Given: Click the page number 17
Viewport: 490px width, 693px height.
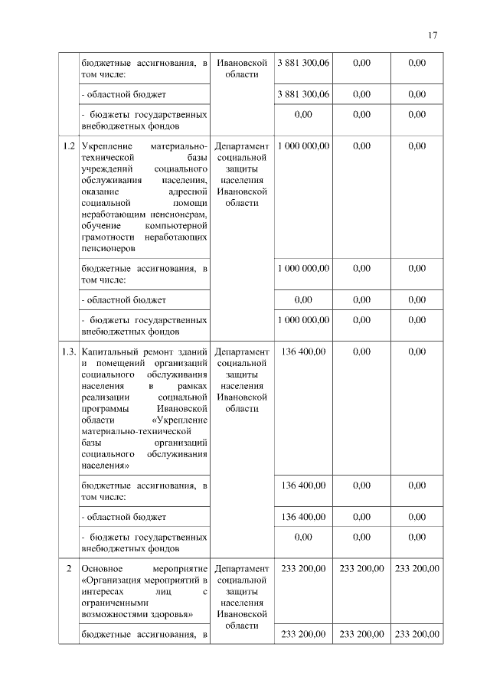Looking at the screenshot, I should [x=432, y=35].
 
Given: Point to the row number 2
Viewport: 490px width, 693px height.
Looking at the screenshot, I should [x=69, y=569].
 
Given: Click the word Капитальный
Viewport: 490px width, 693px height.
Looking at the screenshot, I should [x=109, y=351].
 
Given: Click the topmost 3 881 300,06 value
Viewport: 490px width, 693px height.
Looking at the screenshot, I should [x=304, y=63].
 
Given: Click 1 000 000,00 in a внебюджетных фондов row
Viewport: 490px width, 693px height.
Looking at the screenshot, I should [x=304, y=320].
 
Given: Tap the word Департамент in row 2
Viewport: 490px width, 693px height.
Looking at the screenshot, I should [x=242, y=569].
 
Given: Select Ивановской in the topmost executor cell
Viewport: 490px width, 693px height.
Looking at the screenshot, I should [x=242, y=63].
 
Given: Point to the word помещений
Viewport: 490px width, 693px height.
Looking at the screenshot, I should [x=125, y=363].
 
